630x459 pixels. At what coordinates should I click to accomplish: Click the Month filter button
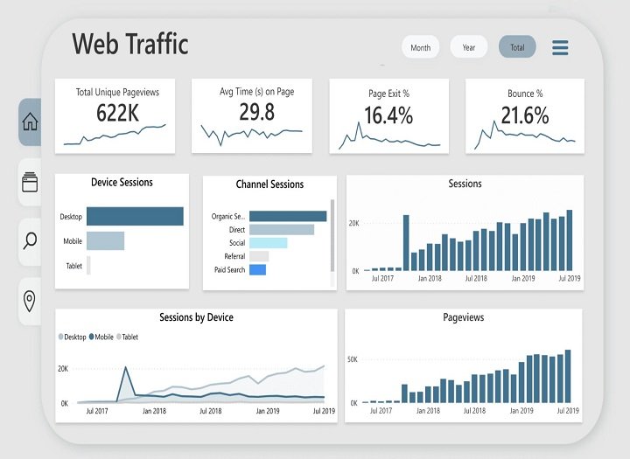pos(420,47)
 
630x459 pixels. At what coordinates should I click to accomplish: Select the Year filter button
pos(469,47)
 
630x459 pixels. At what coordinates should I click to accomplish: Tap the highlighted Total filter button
pos(517,47)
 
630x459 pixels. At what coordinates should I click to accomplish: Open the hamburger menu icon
pos(561,47)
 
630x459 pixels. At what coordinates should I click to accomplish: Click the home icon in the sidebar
pos(30,122)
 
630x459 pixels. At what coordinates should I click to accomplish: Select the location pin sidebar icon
pos(30,302)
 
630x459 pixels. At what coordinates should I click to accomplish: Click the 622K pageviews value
pos(117,112)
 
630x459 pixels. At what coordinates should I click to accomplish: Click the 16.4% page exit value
pos(388,115)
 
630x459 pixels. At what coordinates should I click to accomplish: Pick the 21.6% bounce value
pos(525,115)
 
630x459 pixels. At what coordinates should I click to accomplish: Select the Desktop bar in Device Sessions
pos(135,216)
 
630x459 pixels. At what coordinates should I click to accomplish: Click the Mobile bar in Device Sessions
pos(105,240)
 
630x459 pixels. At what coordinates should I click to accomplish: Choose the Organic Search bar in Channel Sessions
pos(287,216)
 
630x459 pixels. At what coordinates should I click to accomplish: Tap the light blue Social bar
pos(268,243)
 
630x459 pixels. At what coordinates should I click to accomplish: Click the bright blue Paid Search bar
pos(257,270)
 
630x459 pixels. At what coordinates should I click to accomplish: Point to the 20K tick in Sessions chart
pos(353,224)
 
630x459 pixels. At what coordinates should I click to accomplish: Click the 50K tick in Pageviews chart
pos(353,359)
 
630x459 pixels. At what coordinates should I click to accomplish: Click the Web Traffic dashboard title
pos(130,44)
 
